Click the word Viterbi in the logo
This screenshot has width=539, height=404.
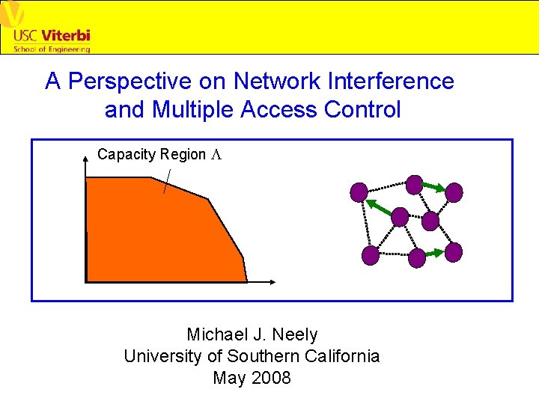[65, 35]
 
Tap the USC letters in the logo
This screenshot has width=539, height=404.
[26, 35]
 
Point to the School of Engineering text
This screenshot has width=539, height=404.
[52, 49]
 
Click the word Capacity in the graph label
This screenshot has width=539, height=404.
[124, 154]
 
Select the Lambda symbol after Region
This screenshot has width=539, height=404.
[216, 154]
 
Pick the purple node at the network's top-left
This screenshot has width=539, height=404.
[359, 192]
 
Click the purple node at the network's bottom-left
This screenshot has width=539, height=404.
[370, 256]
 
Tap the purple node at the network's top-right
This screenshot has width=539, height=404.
[454, 192]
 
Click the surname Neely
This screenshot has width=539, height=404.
[295, 334]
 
